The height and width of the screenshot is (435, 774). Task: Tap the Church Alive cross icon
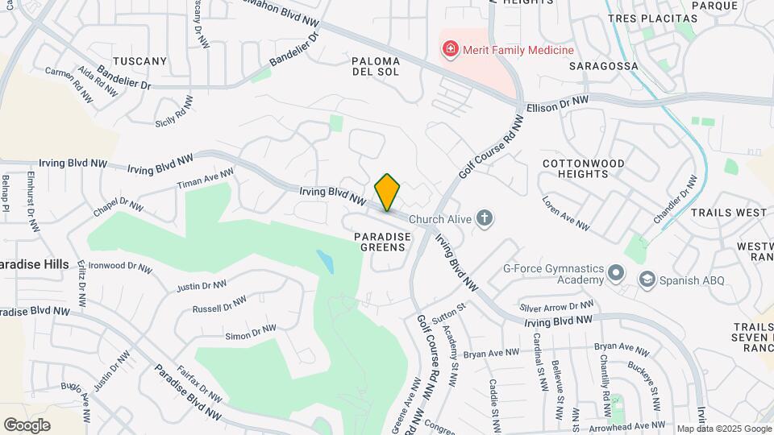tap(484, 217)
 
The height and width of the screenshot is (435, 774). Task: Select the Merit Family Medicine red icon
tap(450, 50)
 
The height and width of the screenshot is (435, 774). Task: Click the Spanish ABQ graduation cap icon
tap(647, 280)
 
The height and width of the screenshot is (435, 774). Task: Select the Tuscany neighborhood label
tap(139, 60)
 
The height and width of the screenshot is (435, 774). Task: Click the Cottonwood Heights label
tap(584, 168)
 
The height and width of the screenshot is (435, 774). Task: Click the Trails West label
tap(729, 213)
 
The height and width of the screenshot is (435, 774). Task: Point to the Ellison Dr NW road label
tap(557, 103)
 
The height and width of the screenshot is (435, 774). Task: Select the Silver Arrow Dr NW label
tap(556, 307)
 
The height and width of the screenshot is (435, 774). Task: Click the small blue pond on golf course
tap(325, 260)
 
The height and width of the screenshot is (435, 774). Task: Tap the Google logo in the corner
tap(27, 425)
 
